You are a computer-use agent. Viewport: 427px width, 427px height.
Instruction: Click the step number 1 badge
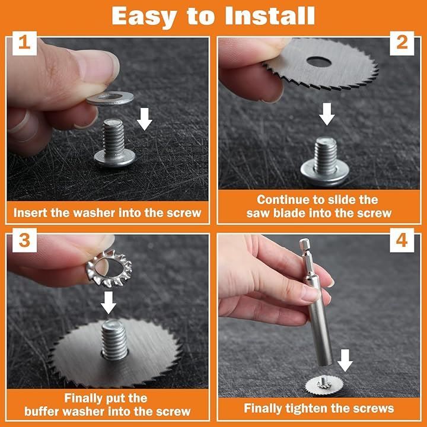[x=24, y=43]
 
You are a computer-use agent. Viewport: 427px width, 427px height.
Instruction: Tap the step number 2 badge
[x=402, y=43]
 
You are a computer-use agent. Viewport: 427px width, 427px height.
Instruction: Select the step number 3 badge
[x=24, y=240]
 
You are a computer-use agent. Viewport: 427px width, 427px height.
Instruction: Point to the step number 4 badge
[x=402, y=240]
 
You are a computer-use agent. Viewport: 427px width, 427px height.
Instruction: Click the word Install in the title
[x=270, y=16]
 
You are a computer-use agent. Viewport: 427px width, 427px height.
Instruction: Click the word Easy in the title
[x=144, y=17]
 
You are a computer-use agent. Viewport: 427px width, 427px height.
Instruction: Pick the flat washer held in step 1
[x=110, y=98]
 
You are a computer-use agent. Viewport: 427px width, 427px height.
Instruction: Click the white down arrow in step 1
[x=144, y=119]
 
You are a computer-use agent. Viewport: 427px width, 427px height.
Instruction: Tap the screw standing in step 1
[x=114, y=143]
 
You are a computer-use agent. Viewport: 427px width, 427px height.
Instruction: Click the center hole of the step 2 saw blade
[x=319, y=62]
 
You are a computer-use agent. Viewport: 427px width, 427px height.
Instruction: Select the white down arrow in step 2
[x=327, y=114]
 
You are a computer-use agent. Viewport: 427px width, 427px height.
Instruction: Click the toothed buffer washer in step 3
[x=109, y=268]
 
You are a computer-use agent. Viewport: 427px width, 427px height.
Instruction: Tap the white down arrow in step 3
[x=109, y=302]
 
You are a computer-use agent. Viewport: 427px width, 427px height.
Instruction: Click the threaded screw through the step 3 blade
[x=114, y=339]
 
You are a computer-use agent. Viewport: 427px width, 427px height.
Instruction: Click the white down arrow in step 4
[x=345, y=361]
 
